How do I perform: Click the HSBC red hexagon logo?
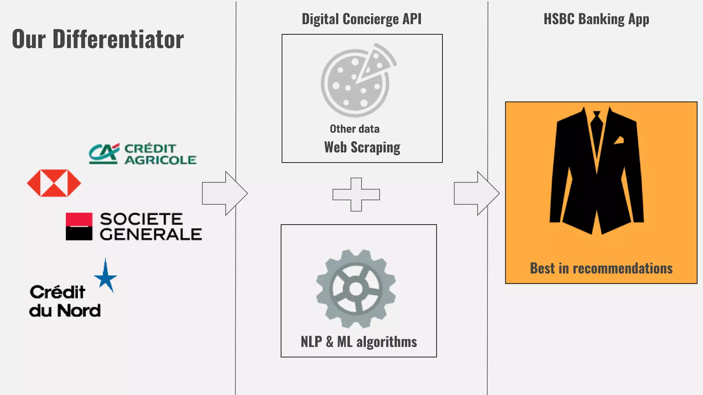tap(54, 183)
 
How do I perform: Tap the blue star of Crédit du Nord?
tap(105, 276)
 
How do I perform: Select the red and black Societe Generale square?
tap(79, 226)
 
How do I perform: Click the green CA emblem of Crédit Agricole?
tap(103, 153)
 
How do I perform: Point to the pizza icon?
tap(357, 81)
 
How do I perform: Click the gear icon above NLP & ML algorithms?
tap(356, 289)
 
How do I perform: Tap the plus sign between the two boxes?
tap(356, 194)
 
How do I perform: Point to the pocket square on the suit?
tap(619, 140)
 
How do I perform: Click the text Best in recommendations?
tap(601, 268)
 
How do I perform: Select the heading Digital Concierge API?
tap(361, 19)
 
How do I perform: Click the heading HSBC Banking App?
tap(596, 19)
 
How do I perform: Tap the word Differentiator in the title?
tap(118, 39)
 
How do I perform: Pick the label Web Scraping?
tap(362, 147)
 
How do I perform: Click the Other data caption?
tap(355, 129)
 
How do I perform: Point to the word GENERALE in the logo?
tap(151, 235)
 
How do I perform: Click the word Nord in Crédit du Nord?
tap(79, 311)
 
